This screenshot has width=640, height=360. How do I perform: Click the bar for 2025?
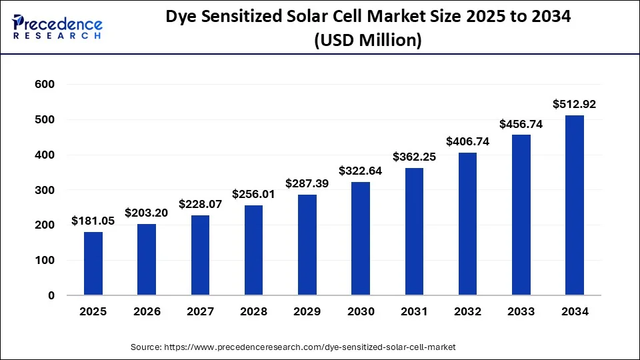pos(93,263)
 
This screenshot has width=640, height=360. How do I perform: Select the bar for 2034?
pos(575,205)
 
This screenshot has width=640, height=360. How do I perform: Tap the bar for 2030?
pos(361,239)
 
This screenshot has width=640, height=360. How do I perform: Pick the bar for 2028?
pos(254,250)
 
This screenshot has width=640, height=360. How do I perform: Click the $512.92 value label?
pos(575,104)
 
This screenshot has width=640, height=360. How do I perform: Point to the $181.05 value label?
pos(93,221)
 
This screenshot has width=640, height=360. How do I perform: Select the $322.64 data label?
pos(361,171)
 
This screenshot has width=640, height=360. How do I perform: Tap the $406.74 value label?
pos(467,141)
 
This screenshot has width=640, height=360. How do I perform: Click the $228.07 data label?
pos(200,204)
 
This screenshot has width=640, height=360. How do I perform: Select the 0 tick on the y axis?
pos(51,295)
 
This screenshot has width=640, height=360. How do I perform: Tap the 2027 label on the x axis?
pos(200,311)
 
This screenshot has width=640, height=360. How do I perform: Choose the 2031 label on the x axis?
pos(414,311)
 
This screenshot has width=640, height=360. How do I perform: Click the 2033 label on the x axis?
pos(521,311)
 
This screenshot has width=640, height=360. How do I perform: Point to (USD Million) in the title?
pos(367,40)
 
